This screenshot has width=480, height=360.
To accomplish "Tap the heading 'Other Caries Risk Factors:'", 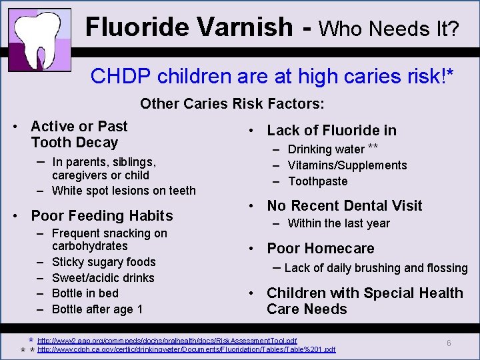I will [x=232, y=104].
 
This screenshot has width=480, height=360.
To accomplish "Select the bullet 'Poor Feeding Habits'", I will [x=101, y=215].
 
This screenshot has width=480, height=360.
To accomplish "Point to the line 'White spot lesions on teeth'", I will [x=123, y=191].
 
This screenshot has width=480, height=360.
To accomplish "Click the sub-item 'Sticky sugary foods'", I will [x=103, y=262].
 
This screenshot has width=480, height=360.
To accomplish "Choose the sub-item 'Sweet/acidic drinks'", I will [x=103, y=278].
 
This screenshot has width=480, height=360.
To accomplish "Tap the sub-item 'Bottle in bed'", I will [x=85, y=293].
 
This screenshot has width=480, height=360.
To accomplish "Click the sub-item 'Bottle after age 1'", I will [x=97, y=309].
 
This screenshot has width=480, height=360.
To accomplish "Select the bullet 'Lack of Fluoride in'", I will [x=331, y=131].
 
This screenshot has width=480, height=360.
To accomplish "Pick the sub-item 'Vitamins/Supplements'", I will [x=347, y=165].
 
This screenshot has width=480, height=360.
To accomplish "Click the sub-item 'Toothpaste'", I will [x=317, y=181].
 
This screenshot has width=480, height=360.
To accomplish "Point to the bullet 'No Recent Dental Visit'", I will [x=344, y=206].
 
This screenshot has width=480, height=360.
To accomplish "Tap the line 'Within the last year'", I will [x=339, y=223].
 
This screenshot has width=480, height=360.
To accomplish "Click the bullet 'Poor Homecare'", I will [x=320, y=249].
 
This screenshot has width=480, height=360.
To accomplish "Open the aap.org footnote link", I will [x=167, y=341].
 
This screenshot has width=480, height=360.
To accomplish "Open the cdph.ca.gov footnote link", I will [x=186, y=349].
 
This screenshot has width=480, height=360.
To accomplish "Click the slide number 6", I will [x=449, y=343].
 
